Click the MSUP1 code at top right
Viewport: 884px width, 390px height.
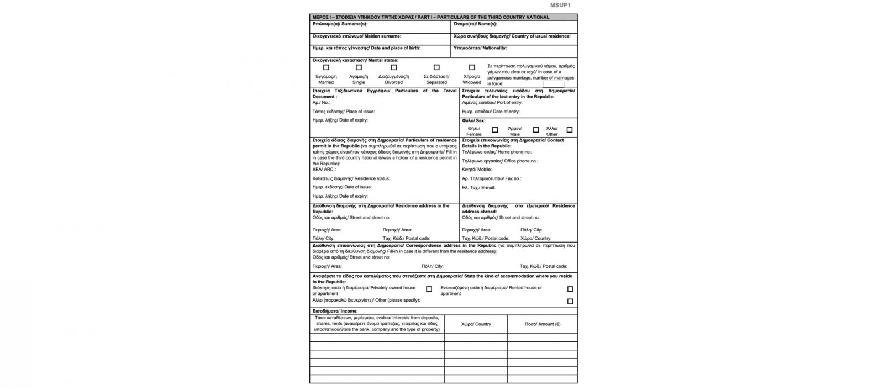coord(560,6)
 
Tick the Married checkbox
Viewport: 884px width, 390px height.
coord(326,67)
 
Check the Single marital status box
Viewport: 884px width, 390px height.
coord(359,67)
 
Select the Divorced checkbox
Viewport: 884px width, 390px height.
coord(394,67)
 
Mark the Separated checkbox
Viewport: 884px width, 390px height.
coord(436,67)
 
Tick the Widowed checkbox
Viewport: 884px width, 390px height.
coord(472,67)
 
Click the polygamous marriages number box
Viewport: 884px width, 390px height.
coord(553,84)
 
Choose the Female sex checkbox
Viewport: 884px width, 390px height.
coord(495,130)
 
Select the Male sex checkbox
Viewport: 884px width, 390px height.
coord(536,130)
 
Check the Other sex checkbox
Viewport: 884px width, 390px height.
coord(570,130)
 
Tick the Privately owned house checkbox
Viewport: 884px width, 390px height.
coord(429,289)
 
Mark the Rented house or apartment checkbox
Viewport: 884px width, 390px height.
coord(570,289)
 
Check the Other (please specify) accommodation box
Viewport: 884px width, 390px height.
coord(570,301)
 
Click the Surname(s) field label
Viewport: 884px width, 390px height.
coord(340,24)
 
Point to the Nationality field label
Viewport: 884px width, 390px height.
coord(480,48)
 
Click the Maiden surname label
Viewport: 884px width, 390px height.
coord(357,36)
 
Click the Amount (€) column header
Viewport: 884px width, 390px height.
coord(542,324)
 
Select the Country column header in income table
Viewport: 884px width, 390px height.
coord(476,324)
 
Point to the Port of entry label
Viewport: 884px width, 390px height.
coord(492,103)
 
